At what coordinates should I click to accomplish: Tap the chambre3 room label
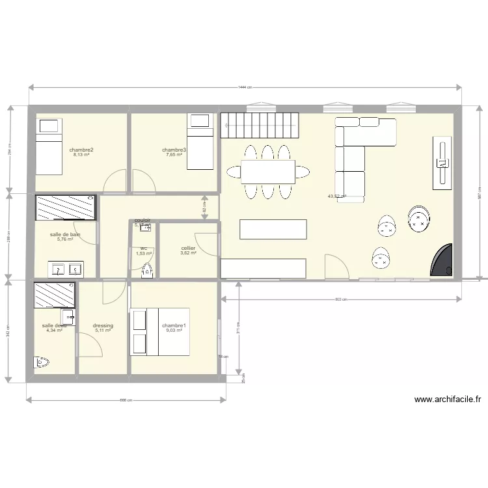(174, 150)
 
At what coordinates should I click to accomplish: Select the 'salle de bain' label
(65, 234)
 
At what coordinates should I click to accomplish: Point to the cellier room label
(189, 248)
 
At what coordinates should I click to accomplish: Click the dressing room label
(103, 325)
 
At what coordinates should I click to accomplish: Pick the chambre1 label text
(174, 325)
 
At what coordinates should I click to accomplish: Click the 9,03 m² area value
(174, 331)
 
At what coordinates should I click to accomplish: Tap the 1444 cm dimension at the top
(245, 87)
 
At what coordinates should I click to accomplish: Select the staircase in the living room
(259, 124)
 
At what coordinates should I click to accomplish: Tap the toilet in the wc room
(147, 270)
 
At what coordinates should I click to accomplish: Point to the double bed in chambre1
(159, 332)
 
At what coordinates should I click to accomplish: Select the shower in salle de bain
(65, 208)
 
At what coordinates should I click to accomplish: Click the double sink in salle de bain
(65, 269)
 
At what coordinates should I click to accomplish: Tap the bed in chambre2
(49, 146)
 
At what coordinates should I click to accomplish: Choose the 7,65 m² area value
(174, 156)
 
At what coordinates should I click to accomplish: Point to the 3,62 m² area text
(189, 253)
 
